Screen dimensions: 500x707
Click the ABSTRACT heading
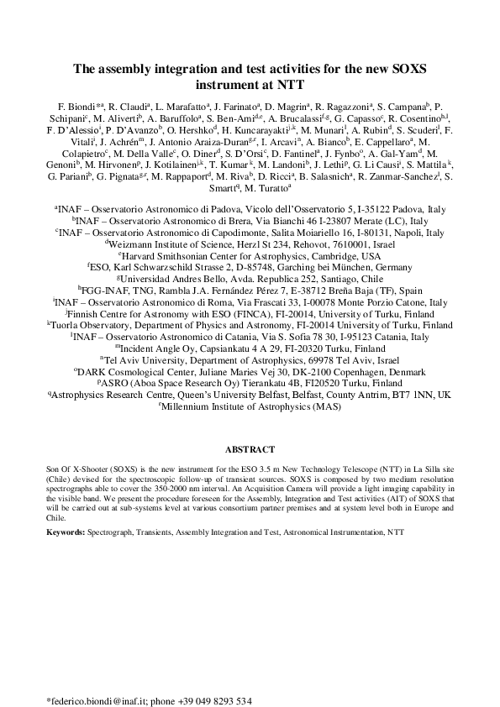coord(250,449)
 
